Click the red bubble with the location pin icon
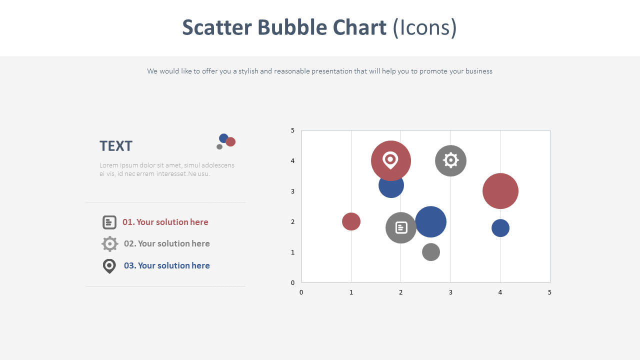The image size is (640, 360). pos(391,160)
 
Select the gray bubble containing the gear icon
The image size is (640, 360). pos(450,160)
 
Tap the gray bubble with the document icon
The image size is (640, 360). pos(401,227)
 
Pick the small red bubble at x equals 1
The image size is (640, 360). pos(351,221)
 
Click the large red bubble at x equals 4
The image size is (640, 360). pos(500,191)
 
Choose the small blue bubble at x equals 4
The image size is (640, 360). pos(500,228)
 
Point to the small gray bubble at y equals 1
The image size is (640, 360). pos(431,252)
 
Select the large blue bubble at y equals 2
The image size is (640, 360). pos(430,221)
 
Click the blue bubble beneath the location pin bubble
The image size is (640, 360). pos(391,188)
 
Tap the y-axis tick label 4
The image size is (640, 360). pos(292,161)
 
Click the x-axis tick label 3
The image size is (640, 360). pos(450,292)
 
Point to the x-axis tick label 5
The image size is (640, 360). pos(549,292)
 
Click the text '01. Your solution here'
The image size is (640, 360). pos(165,222)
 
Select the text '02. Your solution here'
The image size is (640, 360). pos(167,243)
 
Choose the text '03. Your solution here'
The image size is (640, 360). pos(167,265)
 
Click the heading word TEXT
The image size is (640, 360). pos(116,146)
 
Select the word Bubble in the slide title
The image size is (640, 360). pos(292,27)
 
